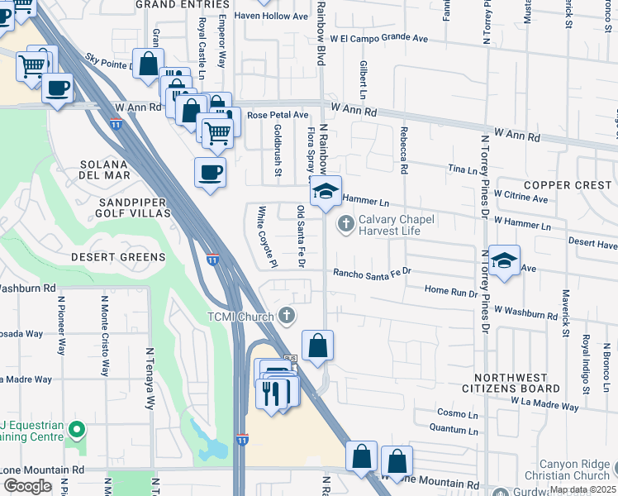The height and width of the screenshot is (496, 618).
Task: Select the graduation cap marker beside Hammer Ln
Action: (326, 190)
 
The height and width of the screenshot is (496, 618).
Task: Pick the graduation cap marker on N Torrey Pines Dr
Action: (504, 260)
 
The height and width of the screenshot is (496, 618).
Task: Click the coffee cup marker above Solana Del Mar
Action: (209, 173)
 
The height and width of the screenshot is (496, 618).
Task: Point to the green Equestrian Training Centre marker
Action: (76, 429)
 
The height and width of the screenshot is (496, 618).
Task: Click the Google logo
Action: (27, 486)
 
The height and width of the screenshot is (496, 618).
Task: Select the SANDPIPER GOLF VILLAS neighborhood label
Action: (134, 207)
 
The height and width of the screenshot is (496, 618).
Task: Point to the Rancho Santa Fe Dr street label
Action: (372, 272)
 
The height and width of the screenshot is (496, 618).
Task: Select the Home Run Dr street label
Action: (451, 291)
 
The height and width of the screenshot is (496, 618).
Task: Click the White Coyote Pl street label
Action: (267, 237)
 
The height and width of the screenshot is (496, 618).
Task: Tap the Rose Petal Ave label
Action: (278, 115)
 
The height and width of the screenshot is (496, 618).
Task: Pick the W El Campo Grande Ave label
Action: (378, 38)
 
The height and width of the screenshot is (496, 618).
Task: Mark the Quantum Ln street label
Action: (454, 427)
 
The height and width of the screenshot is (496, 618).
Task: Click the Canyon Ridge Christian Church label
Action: (573, 470)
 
